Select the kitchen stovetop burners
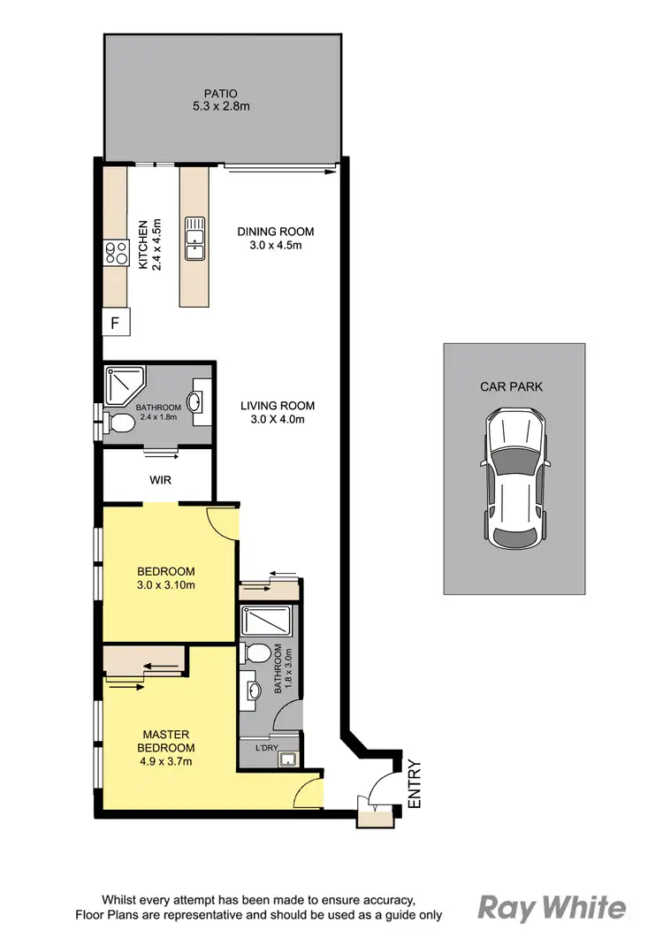coord(116,254)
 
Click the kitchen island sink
coord(194,238)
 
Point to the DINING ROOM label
coord(275,232)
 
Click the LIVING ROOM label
coord(278,406)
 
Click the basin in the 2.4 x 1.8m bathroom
coord(198,401)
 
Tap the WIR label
coord(160,480)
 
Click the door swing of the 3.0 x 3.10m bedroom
coord(223,523)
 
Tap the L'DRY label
coord(268,747)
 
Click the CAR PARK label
coord(512,386)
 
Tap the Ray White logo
coord(552,908)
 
